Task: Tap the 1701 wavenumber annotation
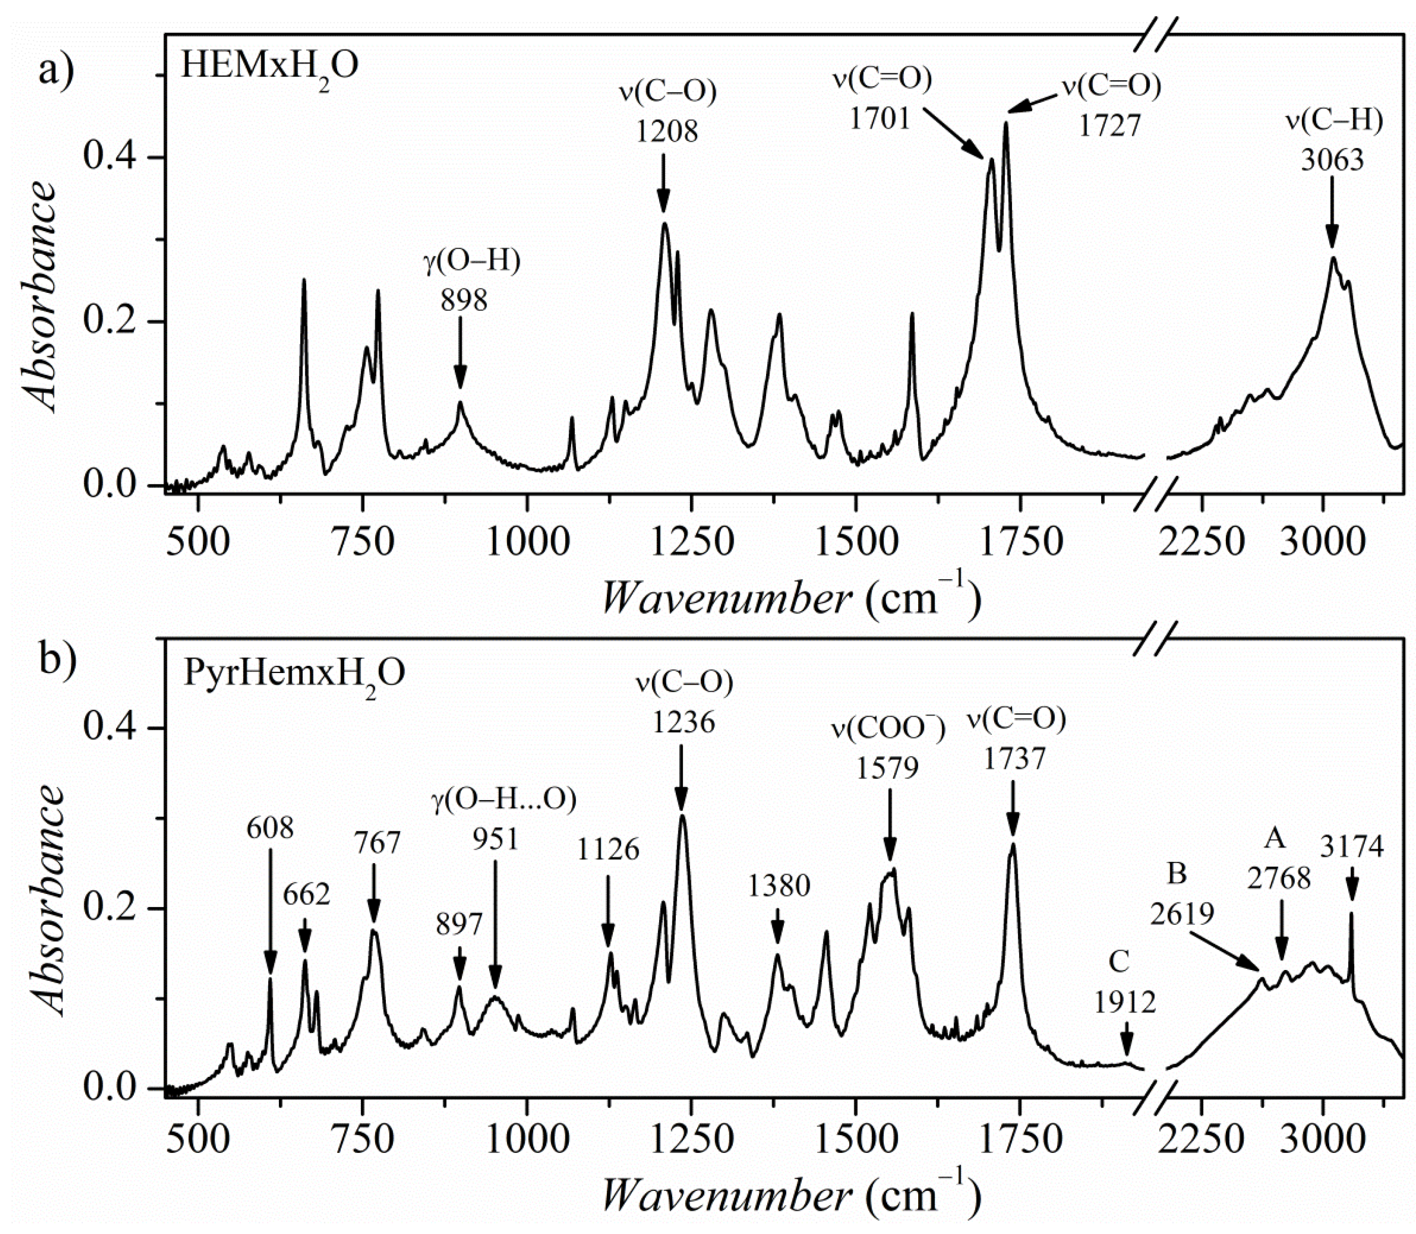[x=880, y=119]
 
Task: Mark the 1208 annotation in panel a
[x=666, y=131]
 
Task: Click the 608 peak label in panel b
[x=270, y=829]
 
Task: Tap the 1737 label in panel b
[x=1014, y=759]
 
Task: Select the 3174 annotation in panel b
[x=1351, y=847]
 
